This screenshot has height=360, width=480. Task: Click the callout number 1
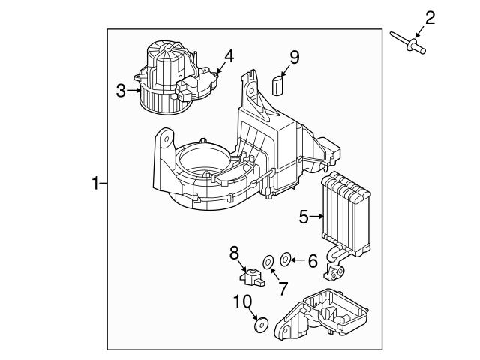pyautogui.click(x=95, y=182)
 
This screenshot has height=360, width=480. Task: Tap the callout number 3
pyautogui.click(x=121, y=91)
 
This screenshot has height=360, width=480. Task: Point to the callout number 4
pyautogui.click(x=228, y=55)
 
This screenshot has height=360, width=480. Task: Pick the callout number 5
pyautogui.click(x=304, y=217)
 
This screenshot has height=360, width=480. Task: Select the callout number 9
pyautogui.click(x=295, y=56)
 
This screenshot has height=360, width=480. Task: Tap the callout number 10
pyautogui.click(x=242, y=301)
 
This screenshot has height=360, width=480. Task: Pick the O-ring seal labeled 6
pyautogui.click(x=286, y=260)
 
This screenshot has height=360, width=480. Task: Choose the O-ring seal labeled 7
pyautogui.click(x=267, y=262)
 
